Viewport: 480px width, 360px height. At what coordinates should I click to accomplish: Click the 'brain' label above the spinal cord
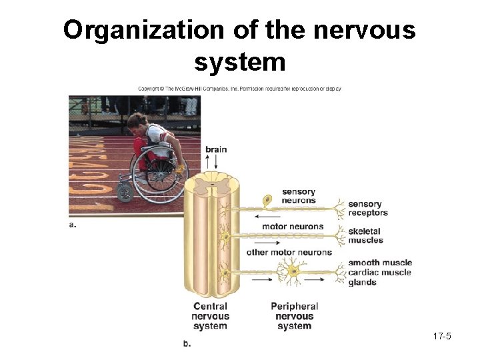[215, 149]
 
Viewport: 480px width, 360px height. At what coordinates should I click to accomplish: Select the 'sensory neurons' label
[298, 196]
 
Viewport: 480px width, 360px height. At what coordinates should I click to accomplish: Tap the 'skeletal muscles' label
[366, 236]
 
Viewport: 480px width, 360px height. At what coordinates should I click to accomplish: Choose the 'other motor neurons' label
[289, 252]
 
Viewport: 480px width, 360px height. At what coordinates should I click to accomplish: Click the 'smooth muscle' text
[380, 263]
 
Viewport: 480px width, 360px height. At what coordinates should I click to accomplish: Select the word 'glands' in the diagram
[362, 282]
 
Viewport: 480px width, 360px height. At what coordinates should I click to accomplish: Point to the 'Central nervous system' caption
[210, 316]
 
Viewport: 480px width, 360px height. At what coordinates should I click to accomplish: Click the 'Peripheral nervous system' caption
[294, 316]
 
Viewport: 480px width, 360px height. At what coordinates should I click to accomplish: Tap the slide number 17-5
[441, 336]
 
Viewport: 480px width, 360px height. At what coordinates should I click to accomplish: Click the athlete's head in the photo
[137, 121]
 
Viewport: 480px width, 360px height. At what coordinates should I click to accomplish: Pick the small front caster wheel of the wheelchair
[125, 192]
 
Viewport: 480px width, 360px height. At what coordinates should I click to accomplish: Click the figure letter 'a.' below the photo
[73, 225]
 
